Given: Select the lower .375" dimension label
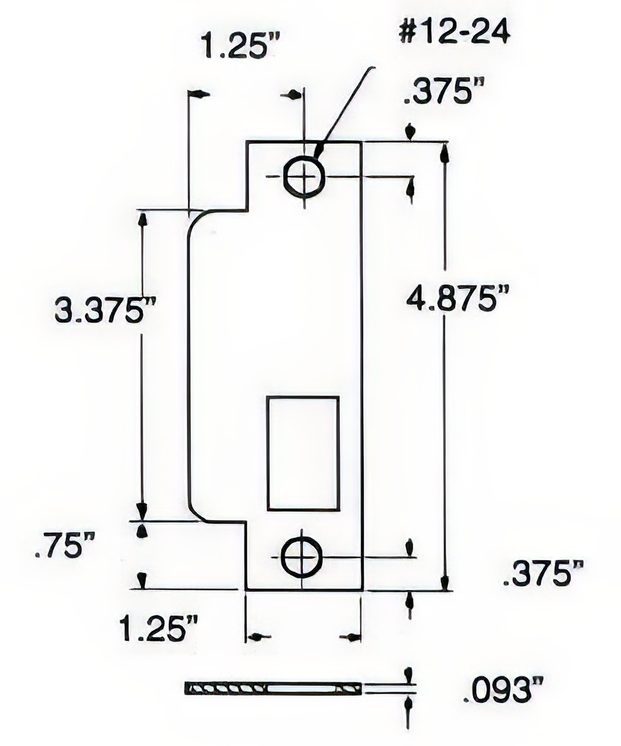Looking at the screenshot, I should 543,574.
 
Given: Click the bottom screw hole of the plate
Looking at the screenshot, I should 302,557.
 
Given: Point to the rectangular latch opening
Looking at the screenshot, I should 303,453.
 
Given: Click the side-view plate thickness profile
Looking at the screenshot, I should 272,689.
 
